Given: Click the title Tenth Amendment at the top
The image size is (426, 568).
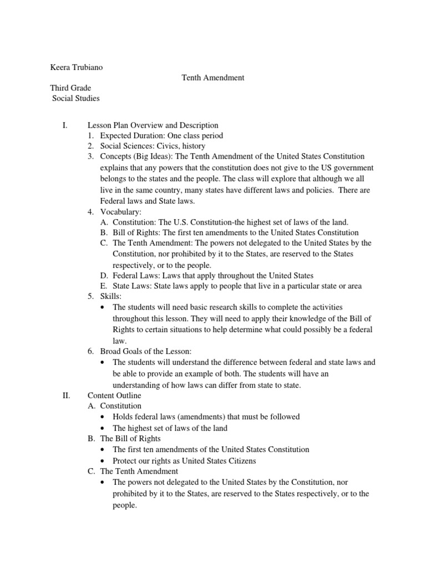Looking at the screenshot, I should pos(213,78).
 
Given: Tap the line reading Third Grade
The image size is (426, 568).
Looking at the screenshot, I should pos(70,88).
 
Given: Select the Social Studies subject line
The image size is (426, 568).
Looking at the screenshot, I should pos(76,99).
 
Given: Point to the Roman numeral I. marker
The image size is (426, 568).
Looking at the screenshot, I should pos(64,125).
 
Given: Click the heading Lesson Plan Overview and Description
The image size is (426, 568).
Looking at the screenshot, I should pos(153,125).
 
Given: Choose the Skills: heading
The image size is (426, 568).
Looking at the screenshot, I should pos(106,297).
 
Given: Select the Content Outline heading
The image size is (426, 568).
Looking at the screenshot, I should pos(114,395).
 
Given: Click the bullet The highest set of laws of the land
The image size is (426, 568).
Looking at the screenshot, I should pos(170,428).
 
